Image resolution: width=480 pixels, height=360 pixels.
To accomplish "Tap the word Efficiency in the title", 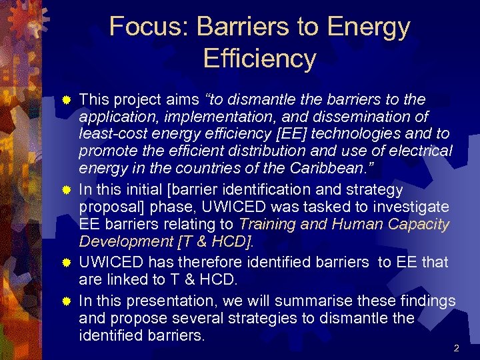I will click(x=259, y=59).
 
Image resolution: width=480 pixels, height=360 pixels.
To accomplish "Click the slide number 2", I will click(x=456, y=348).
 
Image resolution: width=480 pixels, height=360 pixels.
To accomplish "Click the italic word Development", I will click(x=122, y=241).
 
